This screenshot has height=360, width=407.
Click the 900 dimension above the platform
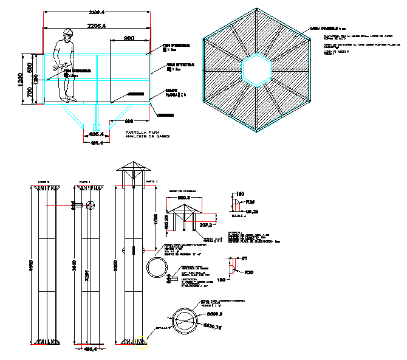(x=129, y=38)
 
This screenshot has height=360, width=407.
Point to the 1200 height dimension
(x=20, y=79)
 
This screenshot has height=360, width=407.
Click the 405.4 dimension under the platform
(x=97, y=133)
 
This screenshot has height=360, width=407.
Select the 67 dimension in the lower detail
(x=245, y=259)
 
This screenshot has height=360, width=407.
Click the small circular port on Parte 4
(x=91, y=206)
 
